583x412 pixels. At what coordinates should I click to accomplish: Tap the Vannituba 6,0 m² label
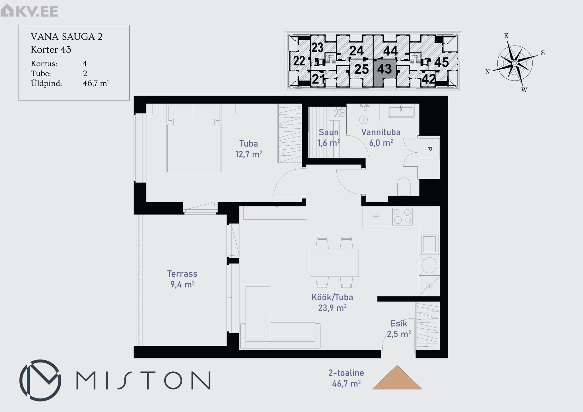click(x=381, y=138)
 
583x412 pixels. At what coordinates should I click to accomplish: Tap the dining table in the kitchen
click(x=334, y=263)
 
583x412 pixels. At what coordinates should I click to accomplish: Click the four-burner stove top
click(x=402, y=216)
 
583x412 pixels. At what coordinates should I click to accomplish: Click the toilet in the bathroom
click(x=404, y=187)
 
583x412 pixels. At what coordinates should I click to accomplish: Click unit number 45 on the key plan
click(x=442, y=62)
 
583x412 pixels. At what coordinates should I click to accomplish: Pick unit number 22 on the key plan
click(x=299, y=61)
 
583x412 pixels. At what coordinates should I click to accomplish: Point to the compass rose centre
click(x=515, y=63)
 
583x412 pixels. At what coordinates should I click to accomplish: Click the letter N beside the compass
click(x=487, y=72)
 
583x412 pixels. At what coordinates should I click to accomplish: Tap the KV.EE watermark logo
click(x=29, y=11)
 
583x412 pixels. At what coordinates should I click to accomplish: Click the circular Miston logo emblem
click(x=40, y=380)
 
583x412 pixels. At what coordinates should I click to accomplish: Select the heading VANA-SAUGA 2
click(x=67, y=37)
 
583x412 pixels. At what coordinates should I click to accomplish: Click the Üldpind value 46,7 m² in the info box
click(x=96, y=83)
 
